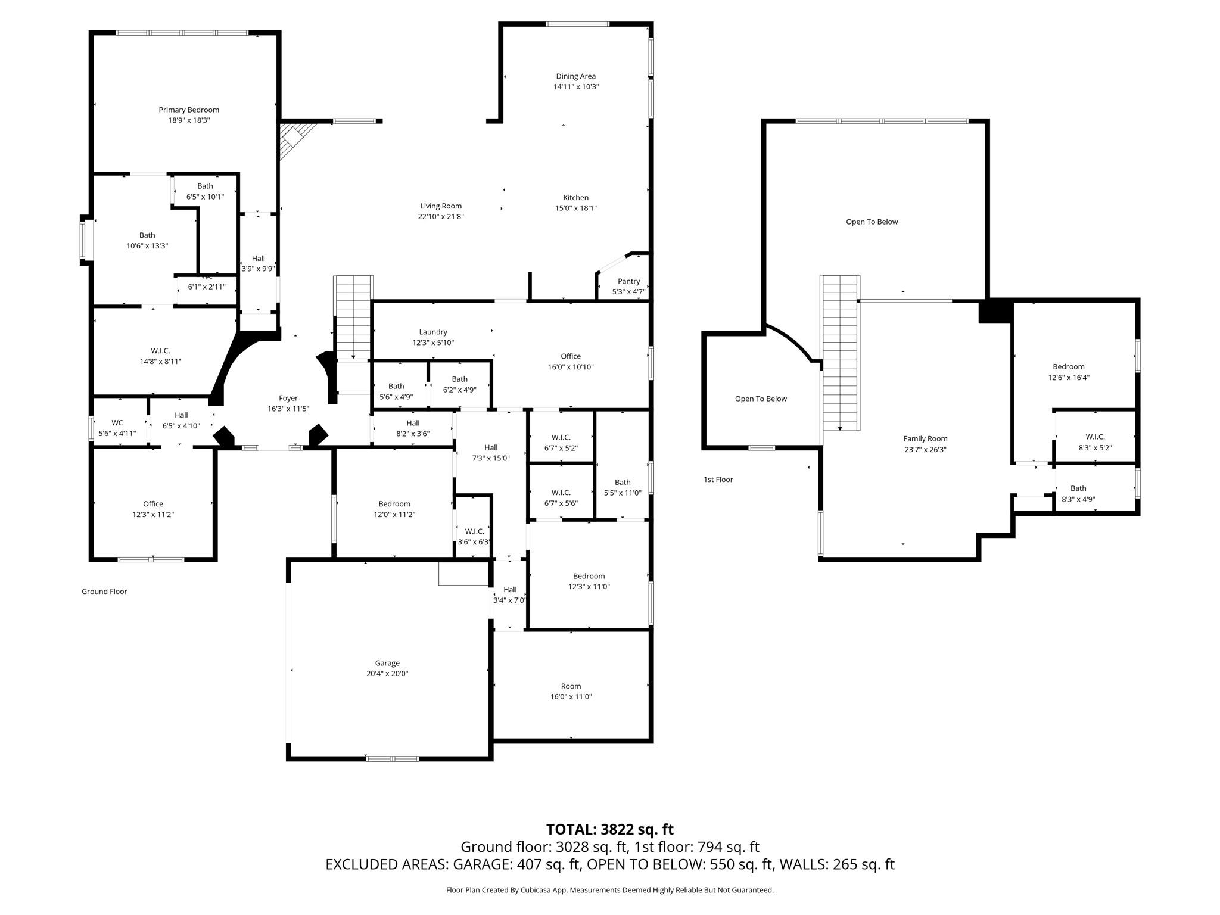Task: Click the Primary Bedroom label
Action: [189, 110]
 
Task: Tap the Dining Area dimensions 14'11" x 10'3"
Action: [575, 87]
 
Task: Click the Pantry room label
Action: [628, 282]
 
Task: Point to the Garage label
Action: [387, 663]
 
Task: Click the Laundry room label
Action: [433, 332]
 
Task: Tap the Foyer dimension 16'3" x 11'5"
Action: [288, 409]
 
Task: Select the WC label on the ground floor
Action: [117, 423]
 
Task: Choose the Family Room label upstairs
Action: [925, 439]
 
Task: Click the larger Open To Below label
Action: [872, 222]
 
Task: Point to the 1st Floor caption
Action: [718, 480]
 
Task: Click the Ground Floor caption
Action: [104, 592]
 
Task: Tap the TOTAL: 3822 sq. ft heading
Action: [609, 829]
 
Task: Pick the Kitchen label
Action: [575, 198]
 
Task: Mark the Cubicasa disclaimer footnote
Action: [609, 890]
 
